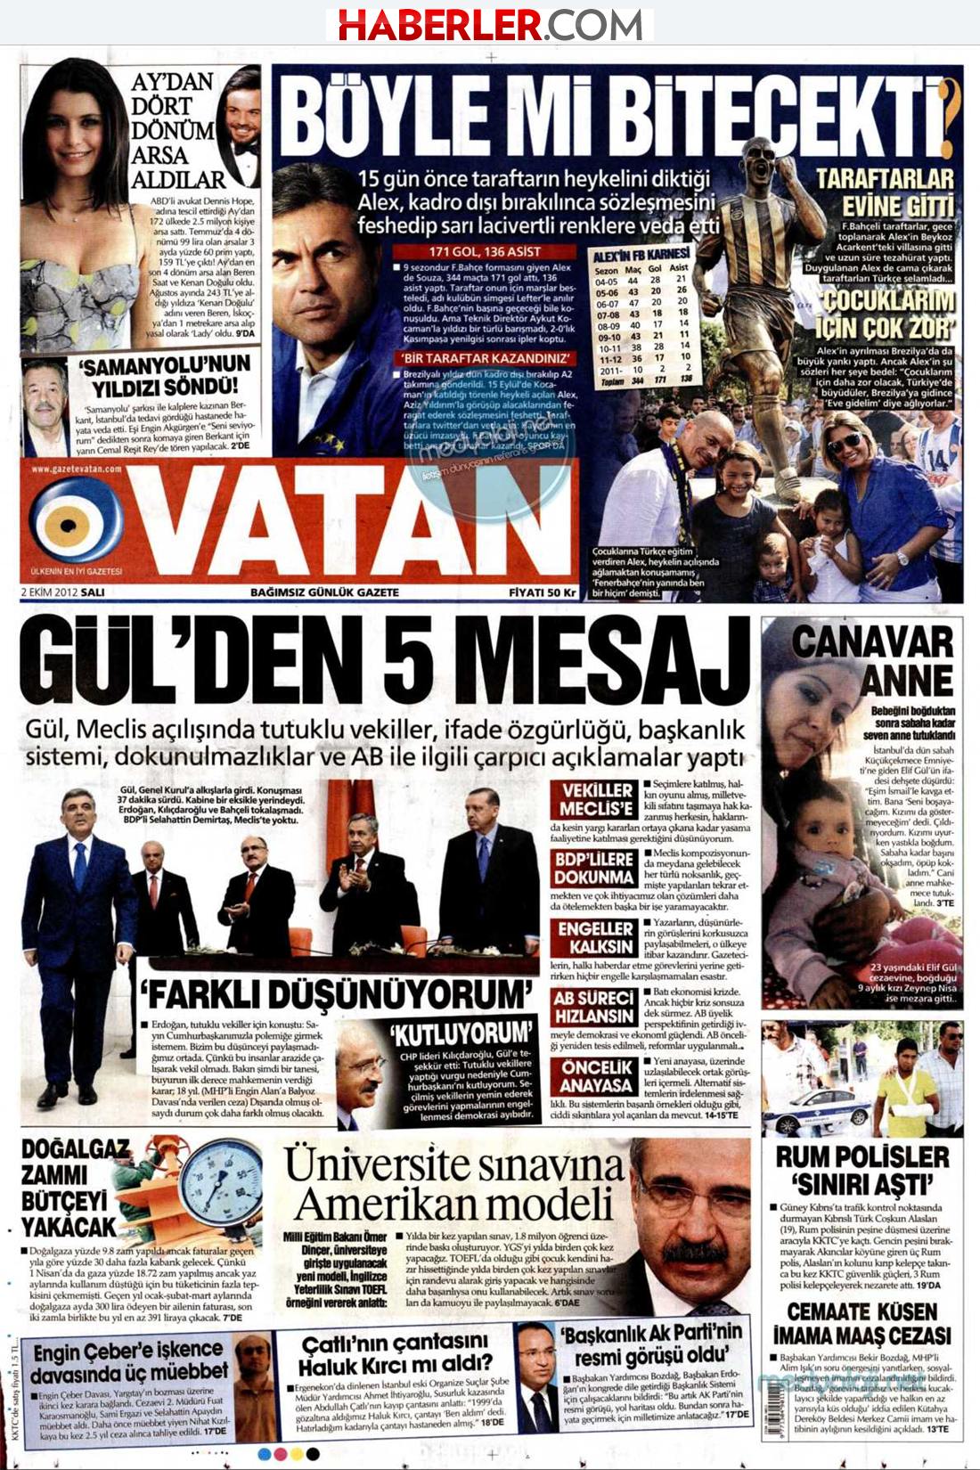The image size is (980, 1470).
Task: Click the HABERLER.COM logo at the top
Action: pyautogui.click(x=490, y=24)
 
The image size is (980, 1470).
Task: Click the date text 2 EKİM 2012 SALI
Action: pyautogui.click(x=62, y=592)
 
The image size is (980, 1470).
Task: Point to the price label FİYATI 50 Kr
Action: pyautogui.click(x=543, y=592)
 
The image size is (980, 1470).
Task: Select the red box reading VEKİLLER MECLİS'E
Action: pyautogui.click(x=596, y=799)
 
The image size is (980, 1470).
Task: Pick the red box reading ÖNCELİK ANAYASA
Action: pyautogui.click(x=596, y=1076)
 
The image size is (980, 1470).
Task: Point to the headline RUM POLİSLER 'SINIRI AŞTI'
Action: pyautogui.click(x=862, y=1170)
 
